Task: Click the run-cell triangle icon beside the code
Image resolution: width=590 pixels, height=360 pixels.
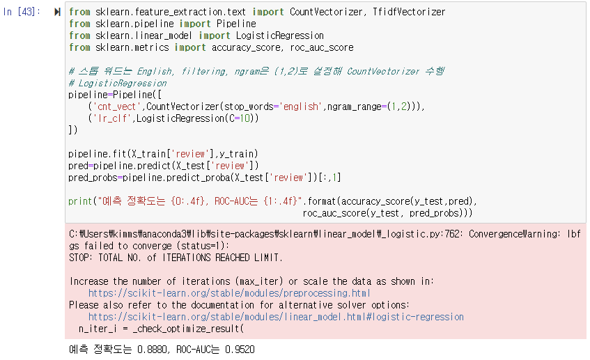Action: coord(57,13)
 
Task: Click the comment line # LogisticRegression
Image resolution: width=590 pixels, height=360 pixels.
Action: coord(118,83)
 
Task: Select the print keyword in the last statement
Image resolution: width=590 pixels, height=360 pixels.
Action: coord(81,201)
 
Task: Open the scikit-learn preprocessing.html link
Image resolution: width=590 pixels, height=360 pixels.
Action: coord(229,293)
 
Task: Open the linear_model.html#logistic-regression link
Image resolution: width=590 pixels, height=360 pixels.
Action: coord(276,317)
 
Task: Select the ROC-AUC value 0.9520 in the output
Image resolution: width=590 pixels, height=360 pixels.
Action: coord(238,349)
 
